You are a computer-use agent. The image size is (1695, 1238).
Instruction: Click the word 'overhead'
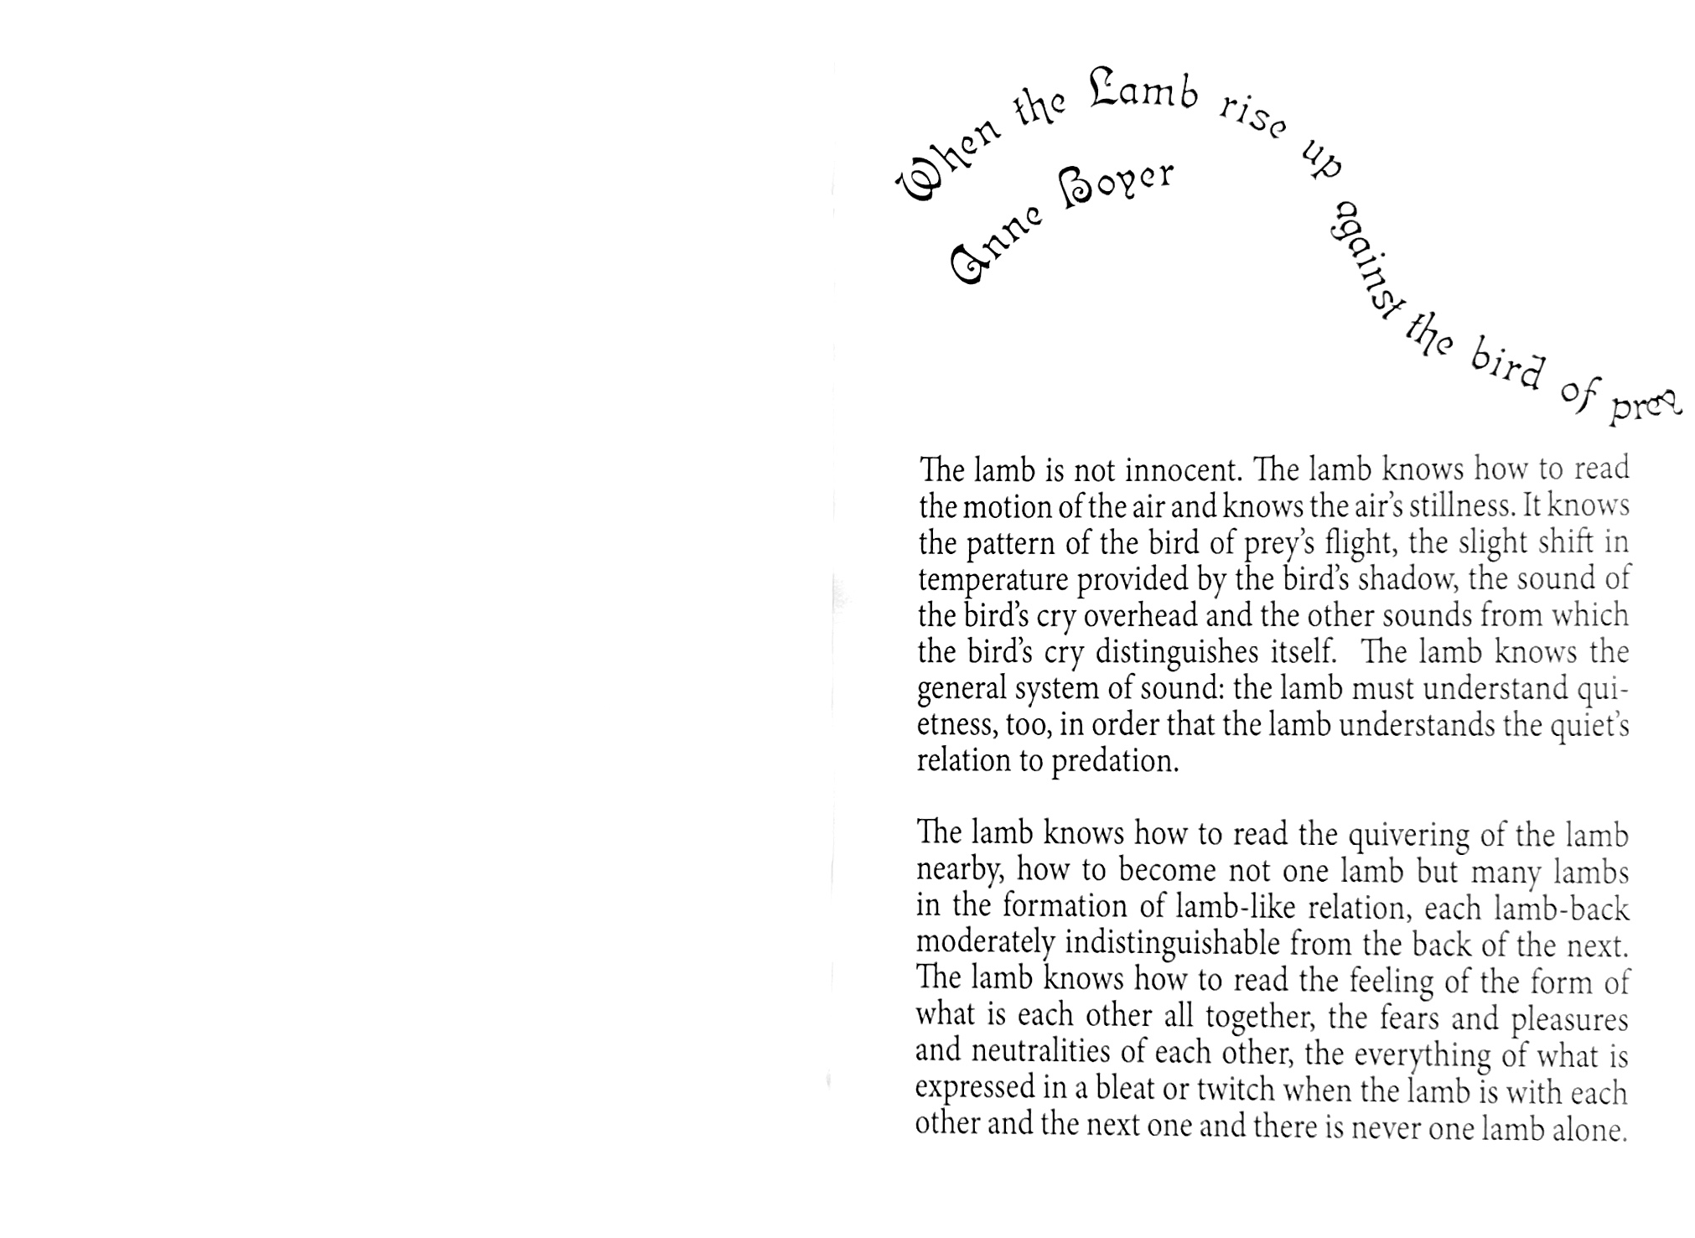[1140, 616]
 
